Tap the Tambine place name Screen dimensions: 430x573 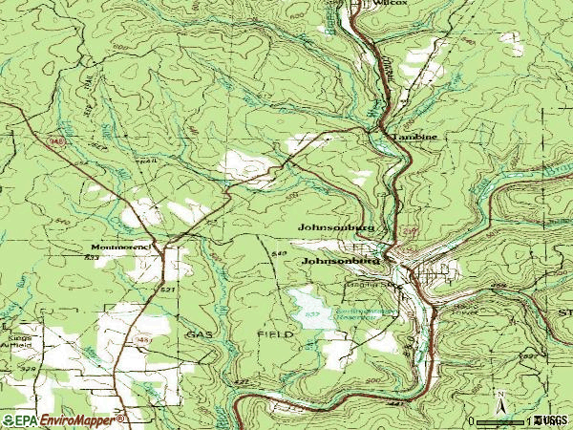click(x=414, y=138)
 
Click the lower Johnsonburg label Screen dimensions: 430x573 click(x=341, y=260)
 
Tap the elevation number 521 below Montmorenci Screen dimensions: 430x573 click(x=168, y=289)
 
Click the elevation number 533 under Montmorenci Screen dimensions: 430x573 click(x=92, y=258)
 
